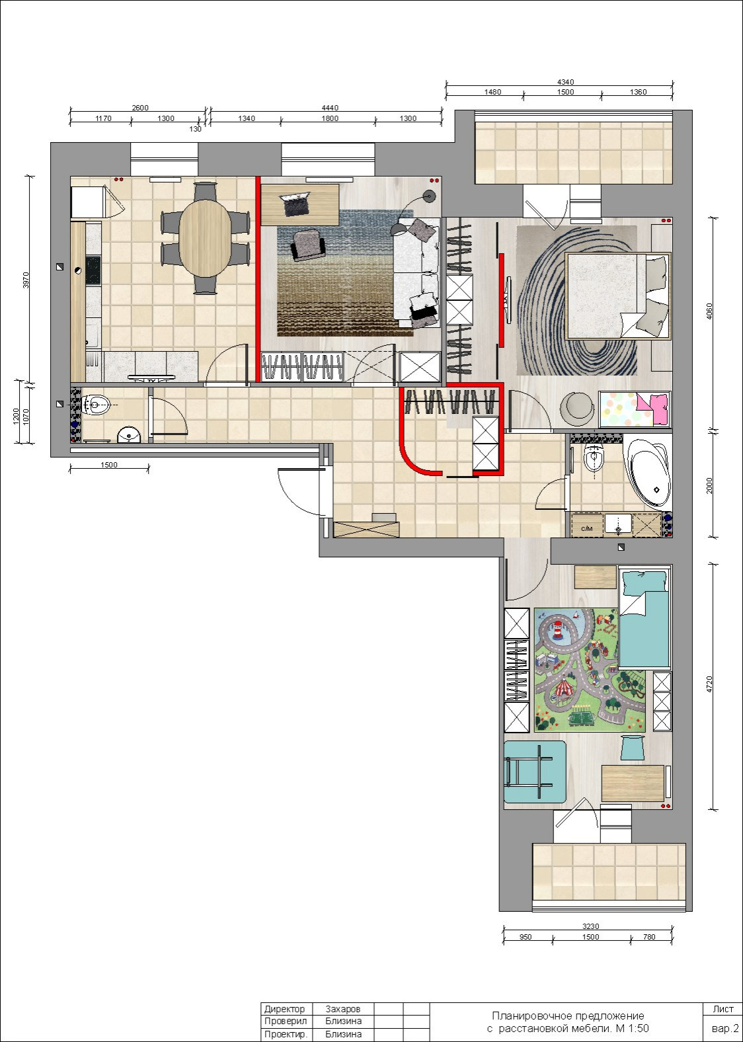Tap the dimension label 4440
[x=330, y=108]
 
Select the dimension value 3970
[x=26, y=280]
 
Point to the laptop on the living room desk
[x=294, y=205]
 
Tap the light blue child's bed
[x=644, y=619]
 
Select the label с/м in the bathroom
[x=587, y=528]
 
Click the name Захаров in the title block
[x=342, y=1009]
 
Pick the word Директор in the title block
[x=284, y=1009]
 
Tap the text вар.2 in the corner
[x=725, y=1028]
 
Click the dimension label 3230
[x=590, y=926]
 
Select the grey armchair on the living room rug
[x=308, y=244]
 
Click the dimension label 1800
[x=330, y=118]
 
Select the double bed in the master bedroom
[x=617, y=296]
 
